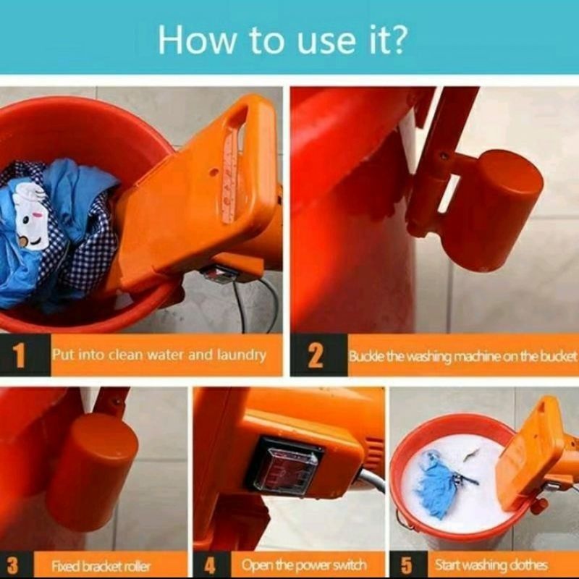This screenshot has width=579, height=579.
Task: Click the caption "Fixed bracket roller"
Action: (101, 566)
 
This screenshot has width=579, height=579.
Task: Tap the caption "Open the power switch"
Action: (304, 565)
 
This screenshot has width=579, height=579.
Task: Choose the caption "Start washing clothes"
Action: (491, 565)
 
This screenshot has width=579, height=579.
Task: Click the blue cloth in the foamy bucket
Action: (436, 483)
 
